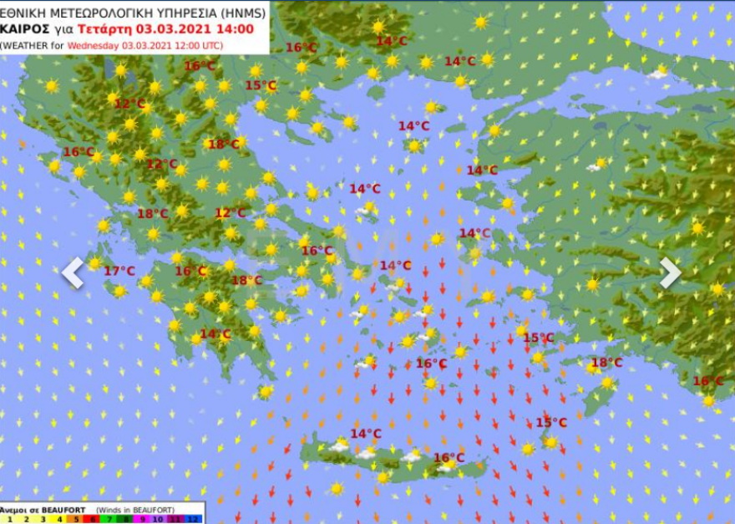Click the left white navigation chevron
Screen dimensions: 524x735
[73, 272]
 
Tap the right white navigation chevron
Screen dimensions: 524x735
[671, 272]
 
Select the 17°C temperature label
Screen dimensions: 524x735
[119, 271]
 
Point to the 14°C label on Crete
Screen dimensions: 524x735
[366, 434]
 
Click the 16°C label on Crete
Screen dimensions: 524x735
[449, 458]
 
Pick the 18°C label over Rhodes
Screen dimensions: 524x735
[606, 363]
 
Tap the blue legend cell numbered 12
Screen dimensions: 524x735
[194, 519]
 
